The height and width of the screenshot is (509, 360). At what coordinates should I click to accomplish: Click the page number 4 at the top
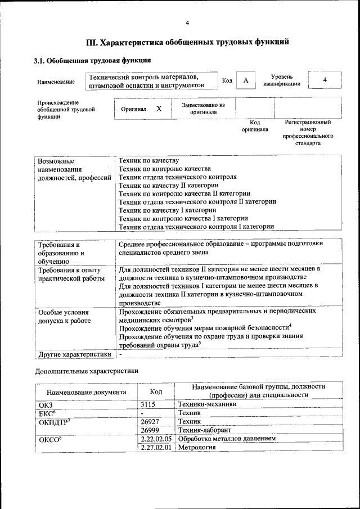pos(187,22)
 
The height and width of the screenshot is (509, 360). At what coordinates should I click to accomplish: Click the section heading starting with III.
pos(187,42)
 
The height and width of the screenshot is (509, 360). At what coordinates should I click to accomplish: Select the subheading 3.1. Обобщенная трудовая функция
pos(92,60)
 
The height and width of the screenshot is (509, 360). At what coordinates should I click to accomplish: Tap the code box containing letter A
pos(245,81)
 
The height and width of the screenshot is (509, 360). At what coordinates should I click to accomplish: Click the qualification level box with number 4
pos(325,80)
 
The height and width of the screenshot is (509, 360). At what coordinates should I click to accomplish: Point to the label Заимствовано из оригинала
pos(203,108)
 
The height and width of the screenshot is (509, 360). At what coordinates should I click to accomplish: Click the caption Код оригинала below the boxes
pos(255,125)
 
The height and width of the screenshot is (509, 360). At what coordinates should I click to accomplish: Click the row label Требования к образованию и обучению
pos(61,253)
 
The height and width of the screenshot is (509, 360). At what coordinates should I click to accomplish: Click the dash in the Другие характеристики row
pos(120,354)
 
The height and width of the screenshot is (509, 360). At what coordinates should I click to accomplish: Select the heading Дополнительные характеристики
pos(86,372)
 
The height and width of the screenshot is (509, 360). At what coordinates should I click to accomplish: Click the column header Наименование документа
pos(87,392)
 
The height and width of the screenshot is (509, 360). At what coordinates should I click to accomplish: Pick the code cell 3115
pos(148,404)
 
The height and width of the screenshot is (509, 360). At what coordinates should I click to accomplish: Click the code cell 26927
pos(150,421)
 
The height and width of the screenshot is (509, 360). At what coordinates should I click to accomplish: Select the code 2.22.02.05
pos(156,438)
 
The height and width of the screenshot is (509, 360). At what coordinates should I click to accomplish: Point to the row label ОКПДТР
pos(53,421)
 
